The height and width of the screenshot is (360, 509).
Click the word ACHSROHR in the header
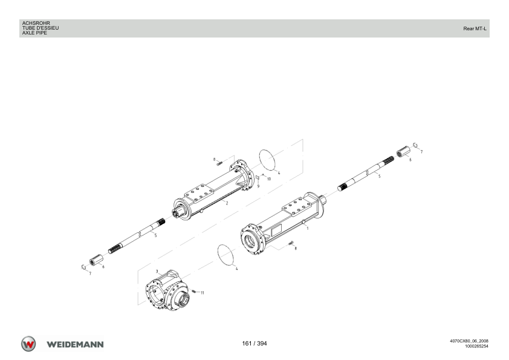coord(36,24)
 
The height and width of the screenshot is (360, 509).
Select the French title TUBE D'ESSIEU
coord(41,28)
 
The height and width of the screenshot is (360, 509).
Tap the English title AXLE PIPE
coord(34,33)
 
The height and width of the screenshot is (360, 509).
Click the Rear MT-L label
coord(475,28)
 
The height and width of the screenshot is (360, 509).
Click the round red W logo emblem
coord(28,344)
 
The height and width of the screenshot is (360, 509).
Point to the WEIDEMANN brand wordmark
coord(75,344)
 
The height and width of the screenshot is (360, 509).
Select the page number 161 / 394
coord(254,344)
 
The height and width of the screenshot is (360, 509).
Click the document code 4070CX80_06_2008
coord(469,341)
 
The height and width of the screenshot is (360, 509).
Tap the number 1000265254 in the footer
coord(476,346)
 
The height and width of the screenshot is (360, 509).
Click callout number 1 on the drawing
coord(308,228)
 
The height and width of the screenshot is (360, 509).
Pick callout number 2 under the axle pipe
coord(227,203)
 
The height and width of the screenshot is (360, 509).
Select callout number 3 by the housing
coord(157,271)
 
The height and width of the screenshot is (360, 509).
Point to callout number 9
coord(258,186)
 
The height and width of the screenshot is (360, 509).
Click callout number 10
coord(269,179)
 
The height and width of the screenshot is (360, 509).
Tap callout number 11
coord(203,293)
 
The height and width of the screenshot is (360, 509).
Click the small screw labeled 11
coord(194,291)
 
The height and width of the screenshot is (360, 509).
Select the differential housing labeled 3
coord(168,290)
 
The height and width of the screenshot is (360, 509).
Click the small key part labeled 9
coord(257,177)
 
